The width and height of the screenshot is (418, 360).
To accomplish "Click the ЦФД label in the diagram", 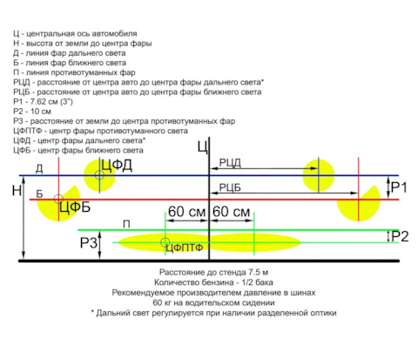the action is click(117, 166).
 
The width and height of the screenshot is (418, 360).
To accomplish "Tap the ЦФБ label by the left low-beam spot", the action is click(75, 207).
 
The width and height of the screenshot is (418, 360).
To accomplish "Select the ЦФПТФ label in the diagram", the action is click(185, 248).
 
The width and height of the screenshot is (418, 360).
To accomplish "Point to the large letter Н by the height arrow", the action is click(17, 191).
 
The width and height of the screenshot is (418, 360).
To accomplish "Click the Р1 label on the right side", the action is click(399, 187).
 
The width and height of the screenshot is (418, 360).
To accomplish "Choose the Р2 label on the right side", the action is click(400, 236).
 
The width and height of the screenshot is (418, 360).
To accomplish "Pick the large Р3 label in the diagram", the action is click(89, 243).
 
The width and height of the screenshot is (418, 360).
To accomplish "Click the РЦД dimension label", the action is click(230, 163).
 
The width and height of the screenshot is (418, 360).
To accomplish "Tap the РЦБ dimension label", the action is click(230, 187).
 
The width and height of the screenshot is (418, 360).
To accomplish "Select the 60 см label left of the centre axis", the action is click(187, 212).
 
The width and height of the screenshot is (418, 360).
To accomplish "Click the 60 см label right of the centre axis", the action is click(231, 212).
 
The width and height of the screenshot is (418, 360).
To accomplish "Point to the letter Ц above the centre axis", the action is click(203, 147).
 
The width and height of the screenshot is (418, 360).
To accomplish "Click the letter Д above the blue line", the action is click(39, 168).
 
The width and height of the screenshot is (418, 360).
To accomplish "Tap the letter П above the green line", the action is click(126, 224).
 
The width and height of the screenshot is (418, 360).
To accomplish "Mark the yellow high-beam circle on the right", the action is click(319, 175).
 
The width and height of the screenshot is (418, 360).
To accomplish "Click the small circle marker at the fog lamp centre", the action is click(165, 242).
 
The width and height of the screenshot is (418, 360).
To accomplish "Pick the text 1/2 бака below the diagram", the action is click(257, 282).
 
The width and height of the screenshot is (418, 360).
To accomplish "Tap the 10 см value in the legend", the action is click(41, 112).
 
